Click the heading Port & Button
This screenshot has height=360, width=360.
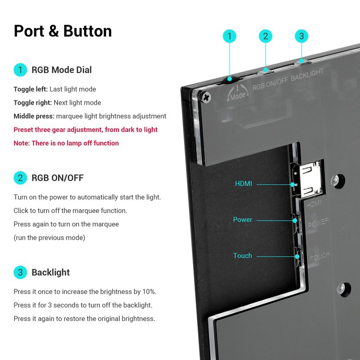click(x=63, y=31)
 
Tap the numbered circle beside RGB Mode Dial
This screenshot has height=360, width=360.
click(x=20, y=70)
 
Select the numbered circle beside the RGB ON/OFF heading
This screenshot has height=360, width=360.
click(x=20, y=178)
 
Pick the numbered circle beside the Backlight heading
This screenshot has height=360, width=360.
click(x=20, y=272)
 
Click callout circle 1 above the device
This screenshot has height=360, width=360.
click(x=229, y=36)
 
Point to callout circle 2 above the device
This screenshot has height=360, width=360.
click(x=265, y=36)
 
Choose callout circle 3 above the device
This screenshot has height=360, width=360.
click(x=301, y=36)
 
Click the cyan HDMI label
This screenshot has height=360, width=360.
click(x=243, y=184)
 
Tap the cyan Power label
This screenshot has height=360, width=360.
click(x=243, y=220)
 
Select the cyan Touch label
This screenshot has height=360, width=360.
click(x=243, y=256)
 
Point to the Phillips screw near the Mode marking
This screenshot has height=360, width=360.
click(x=207, y=96)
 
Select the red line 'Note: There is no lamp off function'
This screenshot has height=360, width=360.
click(x=66, y=143)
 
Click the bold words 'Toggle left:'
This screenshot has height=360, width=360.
click(x=31, y=89)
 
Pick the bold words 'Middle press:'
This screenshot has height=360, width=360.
click(x=34, y=116)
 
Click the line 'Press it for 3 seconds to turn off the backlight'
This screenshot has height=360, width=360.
click(x=83, y=305)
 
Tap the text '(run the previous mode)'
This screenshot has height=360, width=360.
click(x=49, y=238)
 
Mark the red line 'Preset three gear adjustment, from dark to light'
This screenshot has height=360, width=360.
click(x=85, y=130)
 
